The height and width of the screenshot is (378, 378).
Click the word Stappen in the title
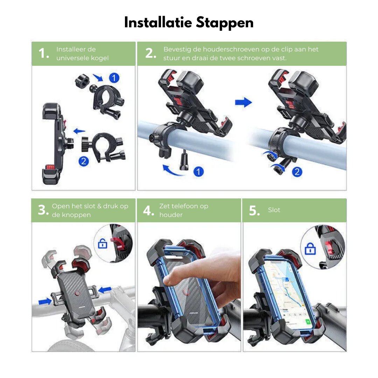[x=225, y=23]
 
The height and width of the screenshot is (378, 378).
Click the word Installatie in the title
[x=158, y=22]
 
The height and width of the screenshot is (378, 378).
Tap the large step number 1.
[x=44, y=53]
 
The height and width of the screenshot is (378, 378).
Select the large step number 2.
[x=150, y=53]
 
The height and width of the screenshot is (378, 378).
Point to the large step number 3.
[x=43, y=210]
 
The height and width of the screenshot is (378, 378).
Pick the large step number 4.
[x=148, y=211]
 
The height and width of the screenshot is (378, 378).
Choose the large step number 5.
[x=254, y=210]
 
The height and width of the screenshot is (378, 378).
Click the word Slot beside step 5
[x=274, y=210]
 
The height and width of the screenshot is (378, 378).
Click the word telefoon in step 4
[x=184, y=206]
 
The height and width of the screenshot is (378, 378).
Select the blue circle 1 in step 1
[x=114, y=78]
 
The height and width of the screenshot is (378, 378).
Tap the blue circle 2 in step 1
[x=84, y=161]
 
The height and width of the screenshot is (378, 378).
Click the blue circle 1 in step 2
[x=198, y=171]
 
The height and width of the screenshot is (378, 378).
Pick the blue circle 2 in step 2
[x=297, y=172]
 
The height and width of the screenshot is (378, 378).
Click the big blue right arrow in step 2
[x=244, y=103]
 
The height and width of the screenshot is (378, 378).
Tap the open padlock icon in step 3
[x=103, y=244]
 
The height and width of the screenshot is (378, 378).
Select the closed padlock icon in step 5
[x=310, y=249]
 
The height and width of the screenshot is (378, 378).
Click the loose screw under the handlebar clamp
[x=184, y=160]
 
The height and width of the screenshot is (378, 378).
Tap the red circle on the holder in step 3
[x=77, y=293]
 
